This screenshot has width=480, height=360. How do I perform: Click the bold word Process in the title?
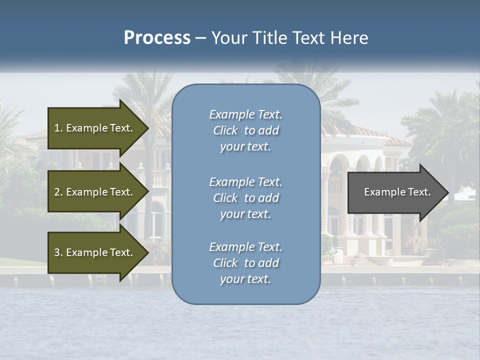coord(157,38)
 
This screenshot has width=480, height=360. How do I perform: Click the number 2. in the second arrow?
coord(58,192)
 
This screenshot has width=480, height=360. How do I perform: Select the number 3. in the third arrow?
coord(58,252)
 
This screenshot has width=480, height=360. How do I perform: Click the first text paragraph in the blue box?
coord(245,130)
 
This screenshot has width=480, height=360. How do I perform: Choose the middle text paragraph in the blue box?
coord(245,198)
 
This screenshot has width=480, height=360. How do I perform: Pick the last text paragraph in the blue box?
coord(245,263)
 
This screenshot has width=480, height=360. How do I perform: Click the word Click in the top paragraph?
coord(225,131)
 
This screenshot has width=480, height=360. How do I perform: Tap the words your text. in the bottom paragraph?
coord(245,279)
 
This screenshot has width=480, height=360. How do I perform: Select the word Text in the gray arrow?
coord(419,192)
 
